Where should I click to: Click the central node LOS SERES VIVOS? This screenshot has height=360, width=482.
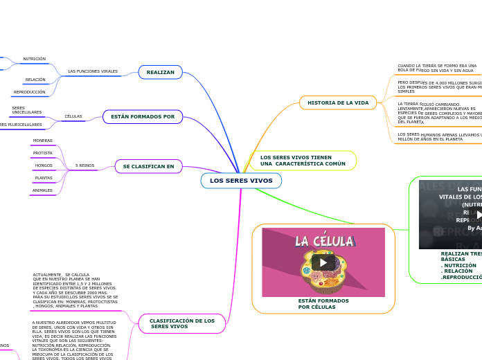[x=241, y=181]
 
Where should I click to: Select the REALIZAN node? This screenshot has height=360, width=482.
[x=160, y=72]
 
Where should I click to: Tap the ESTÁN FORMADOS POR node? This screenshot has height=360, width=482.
[x=143, y=117]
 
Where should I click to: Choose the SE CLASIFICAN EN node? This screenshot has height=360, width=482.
[x=148, y=166]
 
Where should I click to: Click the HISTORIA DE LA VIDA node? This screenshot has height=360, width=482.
[x=338, y=102]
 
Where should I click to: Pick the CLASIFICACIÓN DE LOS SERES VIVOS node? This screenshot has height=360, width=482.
[x=182, y=323]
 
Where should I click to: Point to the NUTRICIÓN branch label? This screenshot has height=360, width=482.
[x=34, y=59]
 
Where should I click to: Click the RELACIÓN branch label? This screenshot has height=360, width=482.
[x=35, y=80]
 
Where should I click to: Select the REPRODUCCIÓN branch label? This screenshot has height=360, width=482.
[x=29, y=92]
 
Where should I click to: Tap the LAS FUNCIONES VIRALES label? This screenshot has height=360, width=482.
[x=93, y=71]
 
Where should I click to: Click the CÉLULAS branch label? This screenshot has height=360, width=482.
[x=73, y=116]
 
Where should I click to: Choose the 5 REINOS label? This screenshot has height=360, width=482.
[x=85, y=165]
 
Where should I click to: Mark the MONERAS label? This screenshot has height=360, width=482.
[x=43, y=141]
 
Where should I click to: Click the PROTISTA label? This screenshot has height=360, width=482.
[x=43, y=153]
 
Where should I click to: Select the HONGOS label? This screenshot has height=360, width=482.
[x=44, y=165]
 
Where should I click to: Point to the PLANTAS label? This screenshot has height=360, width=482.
[x=44, y=178]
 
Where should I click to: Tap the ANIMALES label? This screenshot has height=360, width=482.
[x=42, y=190]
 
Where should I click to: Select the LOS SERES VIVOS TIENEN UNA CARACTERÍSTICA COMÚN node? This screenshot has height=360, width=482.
[x=303, y=161]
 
